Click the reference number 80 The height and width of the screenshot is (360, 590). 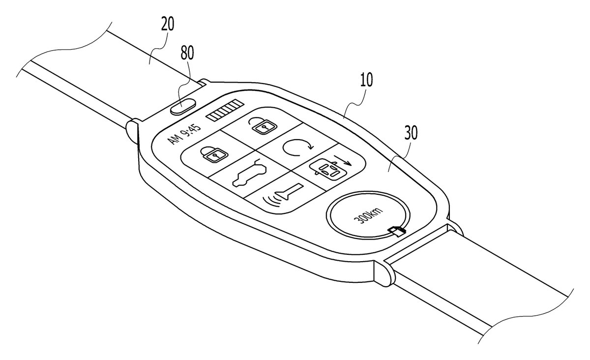coord(187,53)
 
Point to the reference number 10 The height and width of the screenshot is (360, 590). coord(366,80)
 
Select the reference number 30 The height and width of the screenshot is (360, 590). coord(411,133)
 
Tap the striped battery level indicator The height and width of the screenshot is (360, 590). coord(225,110)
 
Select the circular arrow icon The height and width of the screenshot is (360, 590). coord(297,148)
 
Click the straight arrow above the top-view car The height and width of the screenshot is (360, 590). coord(342,160)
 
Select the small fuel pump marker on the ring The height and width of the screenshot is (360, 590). coord(397,231)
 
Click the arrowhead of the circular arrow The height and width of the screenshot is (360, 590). coord(310,146)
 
